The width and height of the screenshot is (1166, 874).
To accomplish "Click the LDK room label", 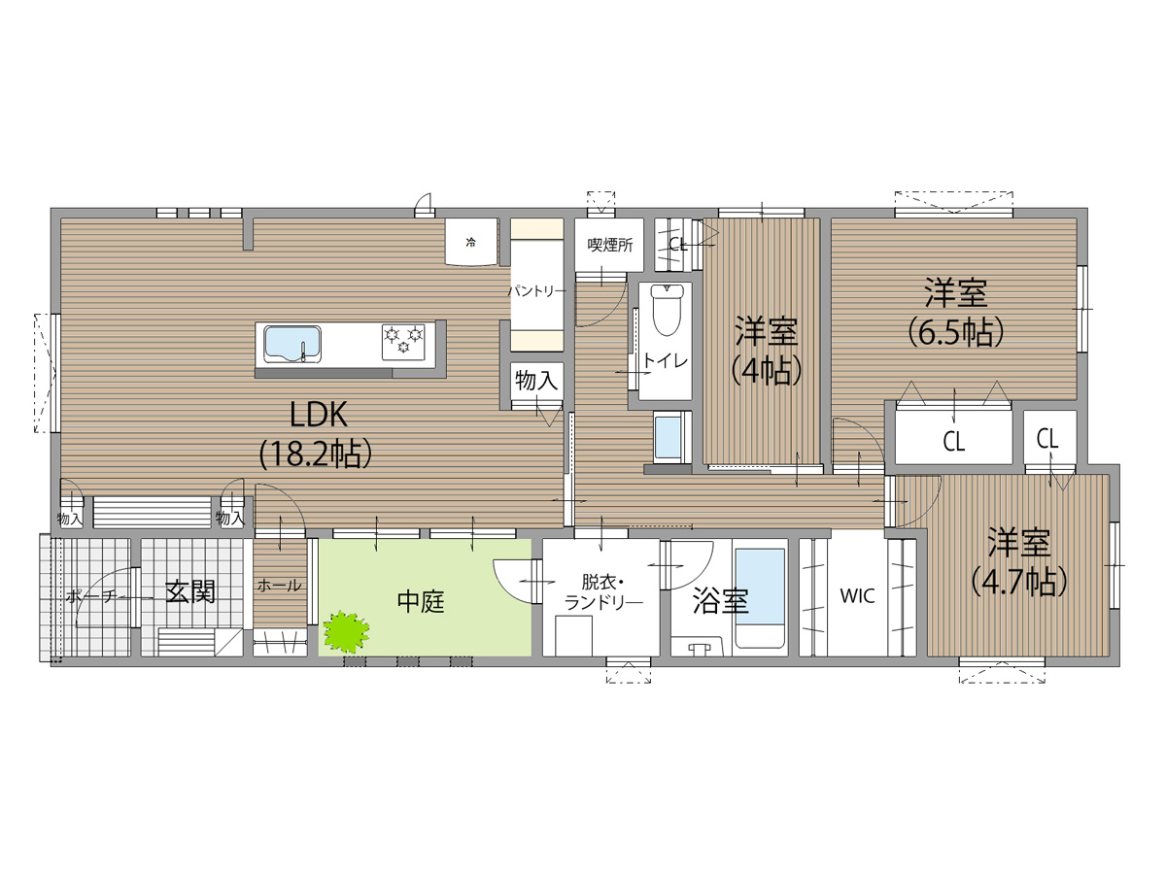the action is (x=318, y=415).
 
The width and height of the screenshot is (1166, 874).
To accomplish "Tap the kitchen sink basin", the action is (x=292, y=344).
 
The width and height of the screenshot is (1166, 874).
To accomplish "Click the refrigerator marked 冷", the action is (x=471, y=242).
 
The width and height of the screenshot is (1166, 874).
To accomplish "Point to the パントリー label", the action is (x=537, y=290).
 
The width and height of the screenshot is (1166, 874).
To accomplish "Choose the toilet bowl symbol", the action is (x=667, y=310).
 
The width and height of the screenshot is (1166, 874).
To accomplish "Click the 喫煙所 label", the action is (x=610, y=245).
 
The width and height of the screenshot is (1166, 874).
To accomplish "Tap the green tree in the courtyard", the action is (x=346, y=631).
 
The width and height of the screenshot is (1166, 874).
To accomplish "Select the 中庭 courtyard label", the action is (x=421, y=601).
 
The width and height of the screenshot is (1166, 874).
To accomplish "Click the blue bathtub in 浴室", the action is (x=760, y=598).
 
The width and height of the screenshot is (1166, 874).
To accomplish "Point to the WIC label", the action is (x=857, y=596).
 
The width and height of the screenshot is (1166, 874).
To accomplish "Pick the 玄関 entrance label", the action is (x=190, y=591).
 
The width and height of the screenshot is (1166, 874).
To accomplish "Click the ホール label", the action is (x=280, y=586).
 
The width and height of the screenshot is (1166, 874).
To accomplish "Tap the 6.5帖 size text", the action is (x=956, y=332).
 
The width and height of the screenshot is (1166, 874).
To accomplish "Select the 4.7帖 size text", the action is (x=1019, y=582).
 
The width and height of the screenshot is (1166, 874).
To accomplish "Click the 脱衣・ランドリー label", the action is (x=603, y=592).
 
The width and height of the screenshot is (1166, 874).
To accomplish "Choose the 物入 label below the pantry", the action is (x=536, y=380).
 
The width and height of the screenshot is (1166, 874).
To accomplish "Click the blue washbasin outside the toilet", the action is (x=669, y=438).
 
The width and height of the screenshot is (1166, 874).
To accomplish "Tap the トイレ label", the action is (x=666, y=361).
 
